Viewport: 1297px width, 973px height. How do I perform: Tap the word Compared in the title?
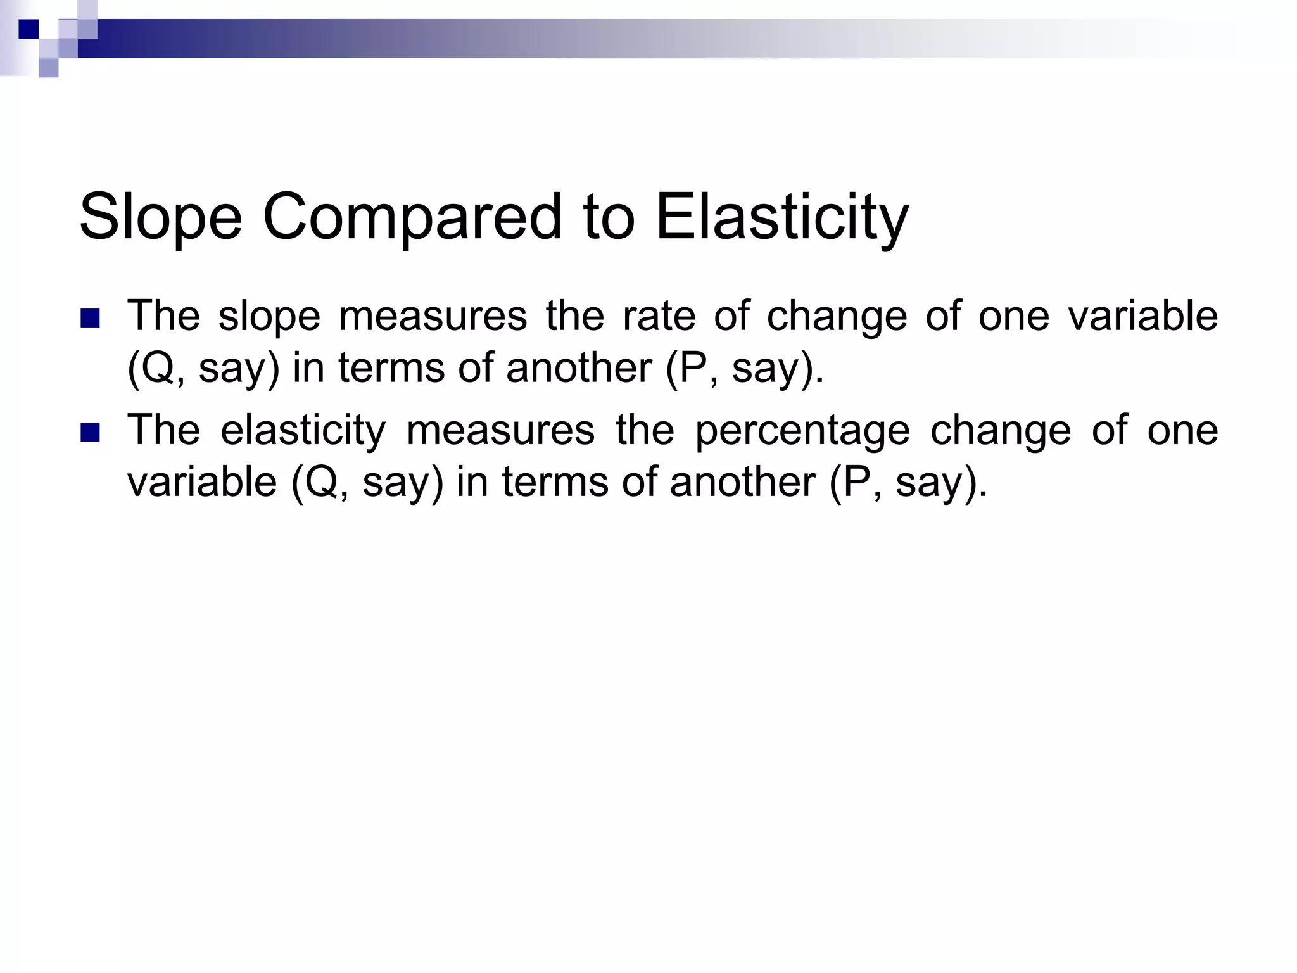(x=412, y=217)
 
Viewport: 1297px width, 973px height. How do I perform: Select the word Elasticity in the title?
(x=782, y=217)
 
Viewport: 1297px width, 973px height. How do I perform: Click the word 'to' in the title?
(x=609, y=217)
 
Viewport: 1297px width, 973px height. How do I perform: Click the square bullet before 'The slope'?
(x=91, y=318)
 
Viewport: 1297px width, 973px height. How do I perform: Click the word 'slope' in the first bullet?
(x=269, y=317)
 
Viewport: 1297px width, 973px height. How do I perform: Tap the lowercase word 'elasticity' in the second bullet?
(x=303, y=431)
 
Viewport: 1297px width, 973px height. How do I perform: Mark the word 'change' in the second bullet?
(x=1001, y=431)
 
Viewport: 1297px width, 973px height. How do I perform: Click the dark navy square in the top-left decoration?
(x=28, y=29)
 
